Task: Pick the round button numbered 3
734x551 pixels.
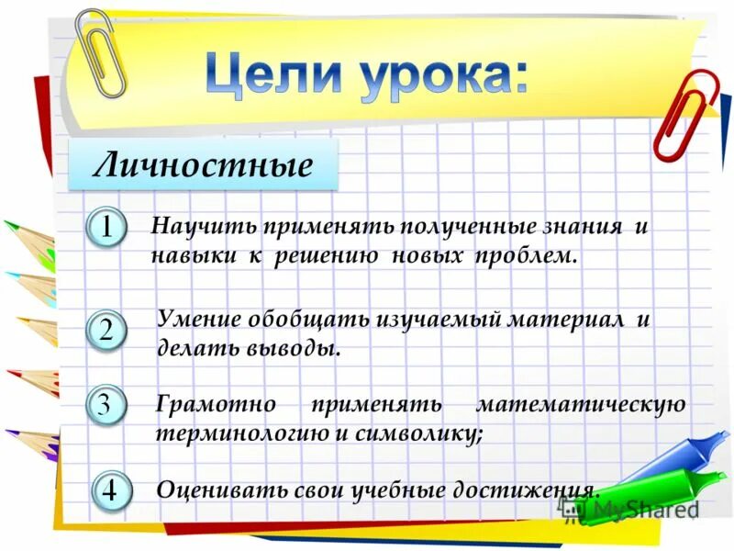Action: [x=107, y=404]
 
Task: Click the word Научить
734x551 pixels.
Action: [x=203, y=226]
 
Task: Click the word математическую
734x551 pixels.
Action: [x=580, y=404]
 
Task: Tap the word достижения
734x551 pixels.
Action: [x=529, y=489]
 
